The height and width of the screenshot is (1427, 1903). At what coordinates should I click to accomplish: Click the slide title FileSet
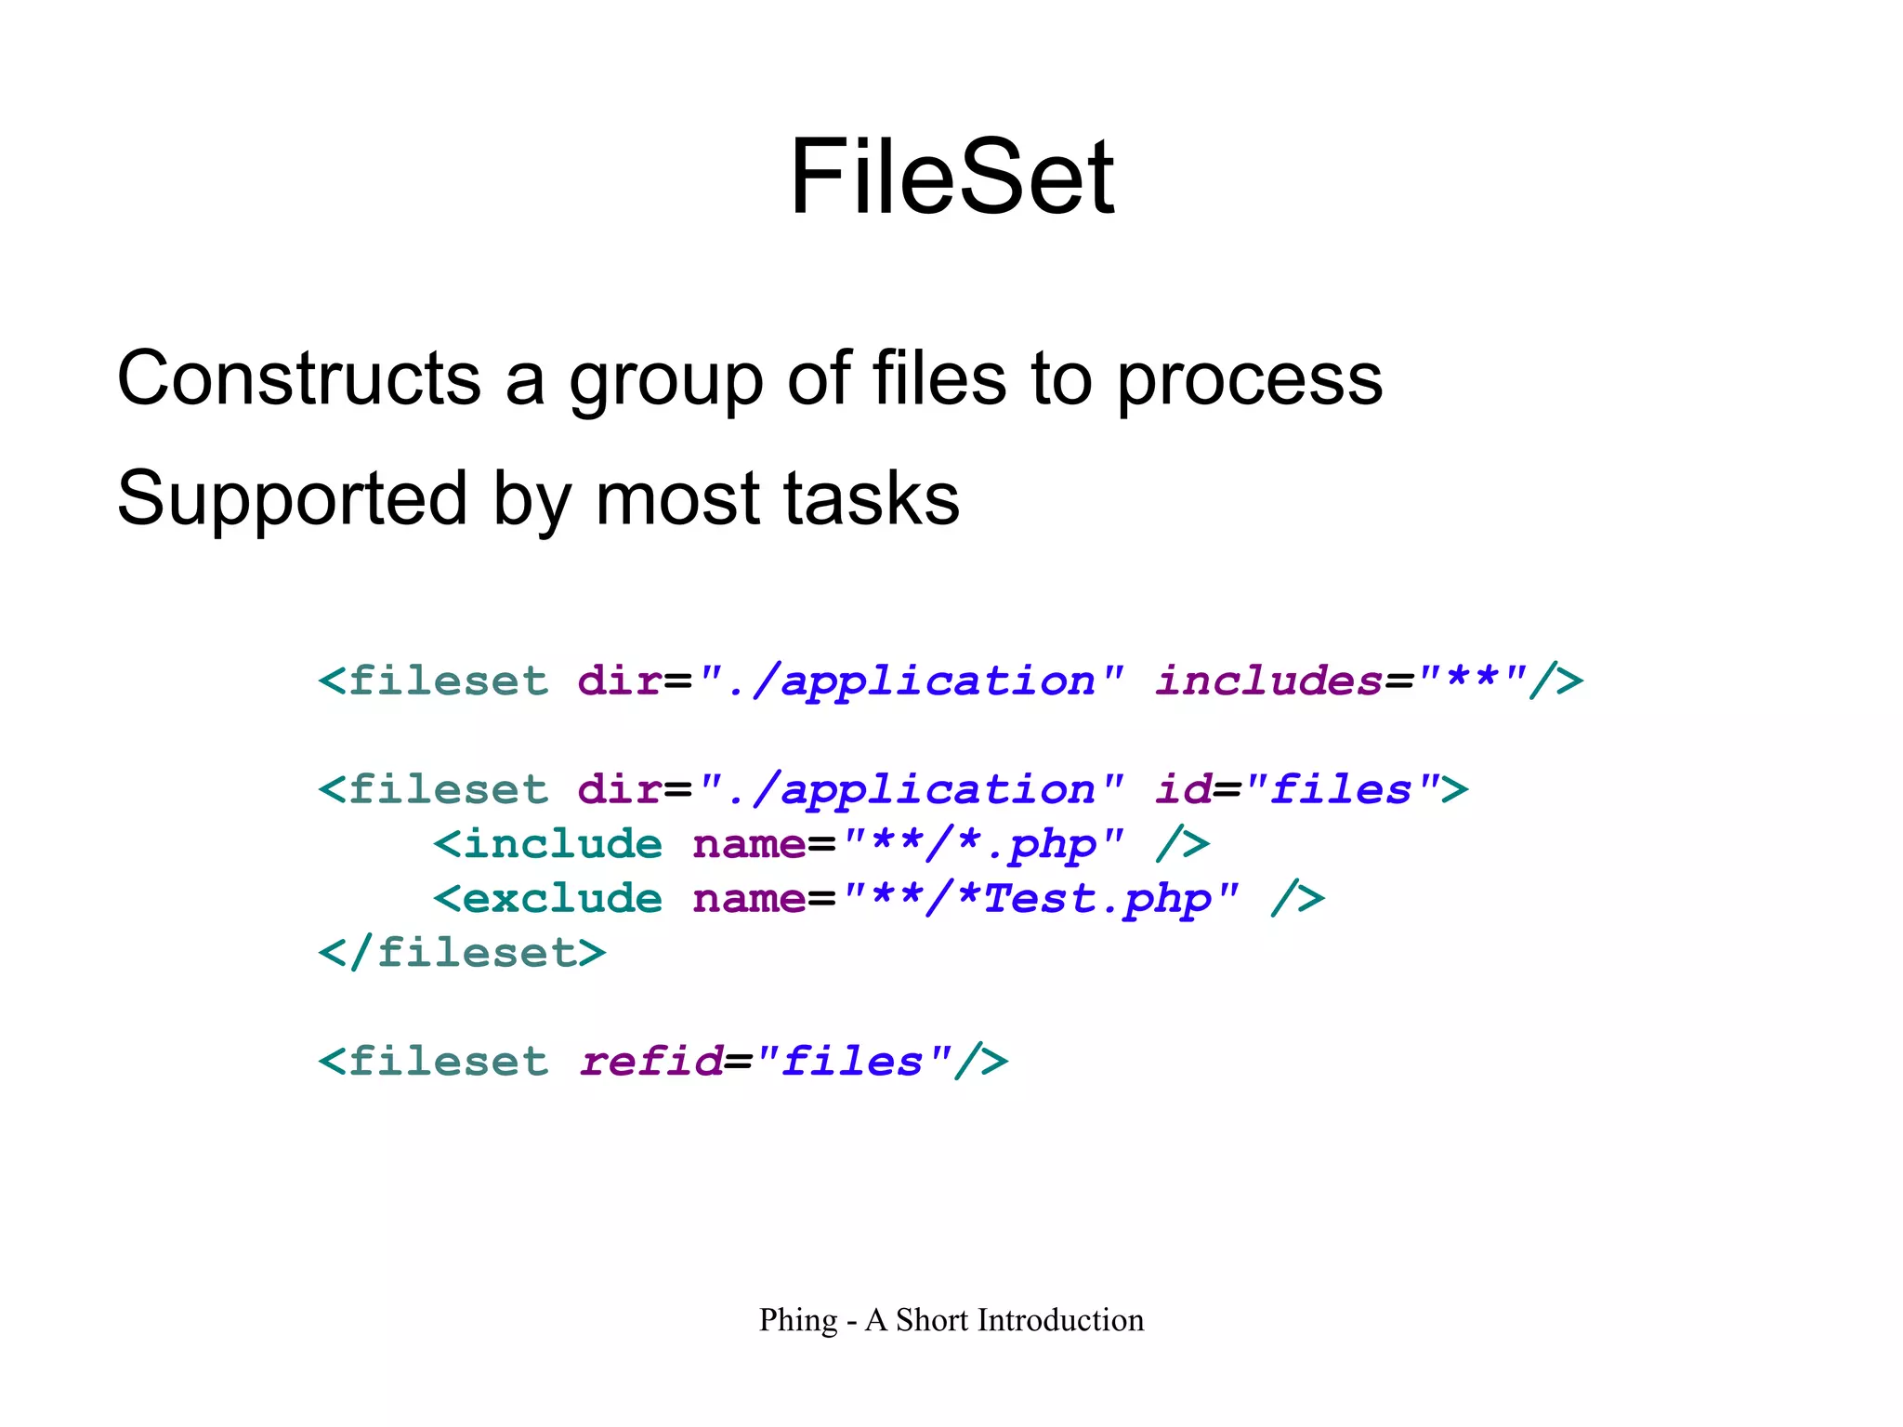coord(951,177)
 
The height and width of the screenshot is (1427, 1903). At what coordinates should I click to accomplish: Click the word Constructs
coord(298,378)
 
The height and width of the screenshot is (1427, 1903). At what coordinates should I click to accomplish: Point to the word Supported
coord(291,499)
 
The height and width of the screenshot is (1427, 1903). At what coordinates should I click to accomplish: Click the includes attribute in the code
coord(1269,680)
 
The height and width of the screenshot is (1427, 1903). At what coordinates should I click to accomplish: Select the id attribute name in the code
coord(1183,789)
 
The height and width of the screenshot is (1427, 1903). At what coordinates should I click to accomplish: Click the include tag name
coord(562,844)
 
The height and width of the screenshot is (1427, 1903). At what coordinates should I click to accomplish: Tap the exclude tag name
coord(562,898)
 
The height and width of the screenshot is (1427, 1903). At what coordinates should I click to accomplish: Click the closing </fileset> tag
coord(462,953)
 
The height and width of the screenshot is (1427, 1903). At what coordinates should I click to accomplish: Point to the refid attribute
coord(650,1062)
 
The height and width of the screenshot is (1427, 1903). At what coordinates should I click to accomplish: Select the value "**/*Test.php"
coord(1041,899)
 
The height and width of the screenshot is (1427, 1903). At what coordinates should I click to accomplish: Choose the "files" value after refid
coord(853,1062)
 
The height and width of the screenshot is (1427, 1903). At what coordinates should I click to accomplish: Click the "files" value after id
coord(1342,789)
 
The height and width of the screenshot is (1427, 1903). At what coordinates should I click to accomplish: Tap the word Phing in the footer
coord(798,1320)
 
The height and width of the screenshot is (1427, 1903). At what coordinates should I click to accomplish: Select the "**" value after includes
coord(1472,680)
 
